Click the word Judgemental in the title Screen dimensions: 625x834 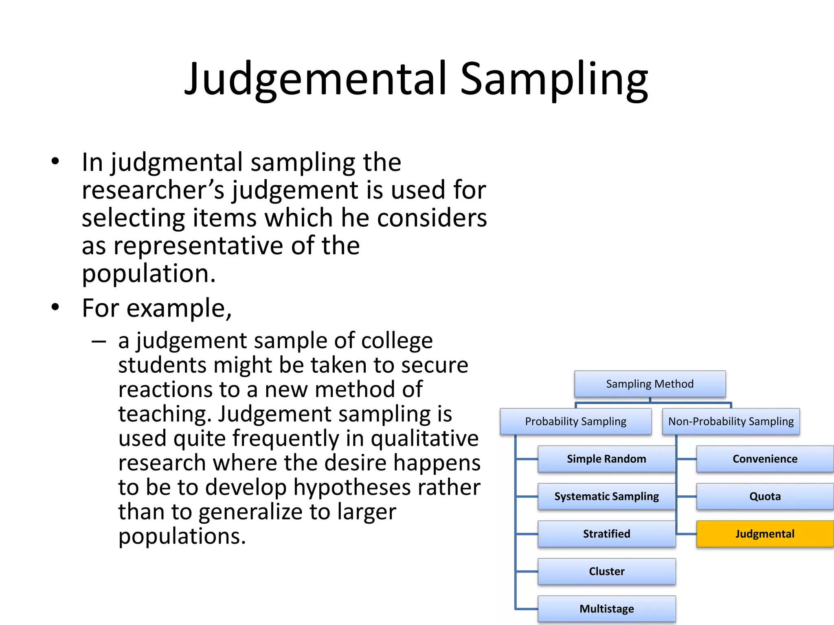pyautogui.click(x=316, y=79)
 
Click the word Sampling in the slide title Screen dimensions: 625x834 pyautogui.click(x=554, y=79)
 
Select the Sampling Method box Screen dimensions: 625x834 pyautogui.click(x=650, y=384)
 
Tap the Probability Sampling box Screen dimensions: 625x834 pyautogui.click(x=575, y=422)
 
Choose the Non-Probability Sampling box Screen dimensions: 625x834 pyautogui.click(x=731, y=422)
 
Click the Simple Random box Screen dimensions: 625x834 pyautogui.click(x=606, y=459)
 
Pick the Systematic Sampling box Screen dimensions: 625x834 pyautogui.click(x=606, y=496)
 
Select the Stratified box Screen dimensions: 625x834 pyautogui.click(x=606, y=534)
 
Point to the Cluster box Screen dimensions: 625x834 pyautogui.click(x=606, y=571)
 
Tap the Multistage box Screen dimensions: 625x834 pyautogui.click(x=606, y=609)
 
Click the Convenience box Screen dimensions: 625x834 pyautogui.click(x=765, y=459)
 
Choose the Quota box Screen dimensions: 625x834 pyautogui.click(x=765, y=496)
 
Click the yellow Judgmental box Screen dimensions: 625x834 pyautogui.click(x=765, y=534)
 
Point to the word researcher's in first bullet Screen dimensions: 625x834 pyautogui.click(x=153, y=190)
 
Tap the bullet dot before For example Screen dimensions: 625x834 pyautogui.click(x=55, y=307)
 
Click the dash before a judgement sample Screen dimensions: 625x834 pyautogui.click(x=99, y=341)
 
